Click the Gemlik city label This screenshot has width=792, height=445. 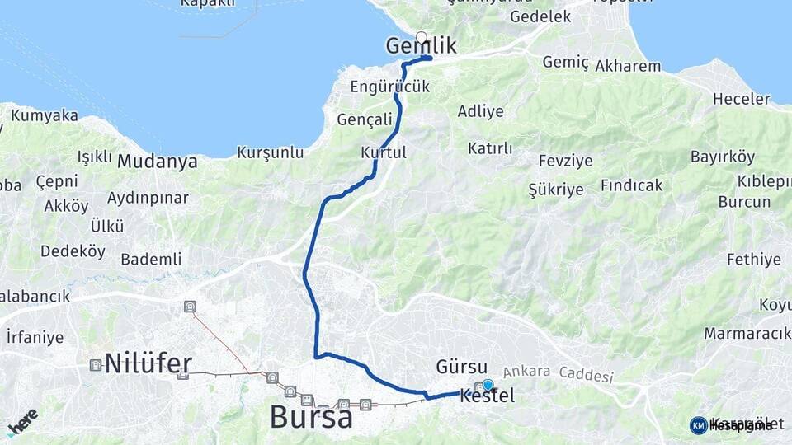421,47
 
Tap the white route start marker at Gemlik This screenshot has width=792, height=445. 422,36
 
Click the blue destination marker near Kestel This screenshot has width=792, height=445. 488,384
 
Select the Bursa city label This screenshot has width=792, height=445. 311,417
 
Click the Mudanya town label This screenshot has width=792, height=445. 157,162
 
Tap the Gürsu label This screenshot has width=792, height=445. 462,366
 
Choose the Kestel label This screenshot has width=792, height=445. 488,396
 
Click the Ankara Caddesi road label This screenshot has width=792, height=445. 559,373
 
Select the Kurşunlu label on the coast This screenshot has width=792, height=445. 271,152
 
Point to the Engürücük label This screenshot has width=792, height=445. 392,87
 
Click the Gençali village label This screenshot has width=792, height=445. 365,119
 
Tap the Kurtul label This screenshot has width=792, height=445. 384,152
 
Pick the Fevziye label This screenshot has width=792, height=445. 565,161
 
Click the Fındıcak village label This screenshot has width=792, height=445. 631,185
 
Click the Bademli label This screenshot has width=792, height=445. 151,259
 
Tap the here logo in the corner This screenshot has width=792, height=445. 22,422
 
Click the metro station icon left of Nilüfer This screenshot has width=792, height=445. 96,364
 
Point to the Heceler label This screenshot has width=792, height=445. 741,99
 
